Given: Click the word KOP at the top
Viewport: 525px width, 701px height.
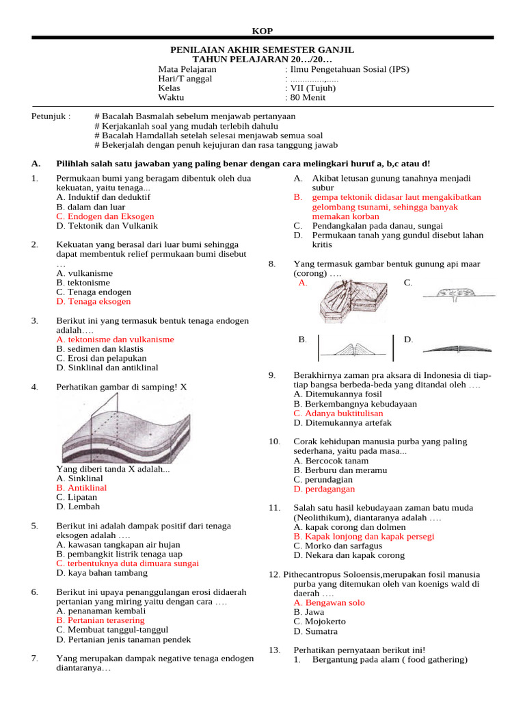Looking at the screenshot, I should pos(262,31).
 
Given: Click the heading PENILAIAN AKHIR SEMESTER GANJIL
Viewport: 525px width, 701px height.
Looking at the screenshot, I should pos(262,50).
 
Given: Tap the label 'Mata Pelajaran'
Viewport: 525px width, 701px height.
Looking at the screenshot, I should pos(187,69).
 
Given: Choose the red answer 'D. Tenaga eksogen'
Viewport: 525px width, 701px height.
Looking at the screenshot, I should pos(94,301).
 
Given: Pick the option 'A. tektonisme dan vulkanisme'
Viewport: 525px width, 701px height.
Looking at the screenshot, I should pos(116,340).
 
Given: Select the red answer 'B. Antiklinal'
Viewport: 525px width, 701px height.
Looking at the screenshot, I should pos(82,488).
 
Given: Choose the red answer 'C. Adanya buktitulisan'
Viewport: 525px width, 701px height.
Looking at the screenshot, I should pos(338,413).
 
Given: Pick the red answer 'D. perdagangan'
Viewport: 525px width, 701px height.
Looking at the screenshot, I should pos(325,489).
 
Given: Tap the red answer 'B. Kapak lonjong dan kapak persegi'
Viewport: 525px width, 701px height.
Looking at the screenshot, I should pos(364,537).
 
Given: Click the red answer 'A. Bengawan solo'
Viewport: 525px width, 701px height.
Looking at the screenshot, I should pos(329,603).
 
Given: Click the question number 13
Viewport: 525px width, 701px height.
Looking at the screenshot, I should pos(275,650).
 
